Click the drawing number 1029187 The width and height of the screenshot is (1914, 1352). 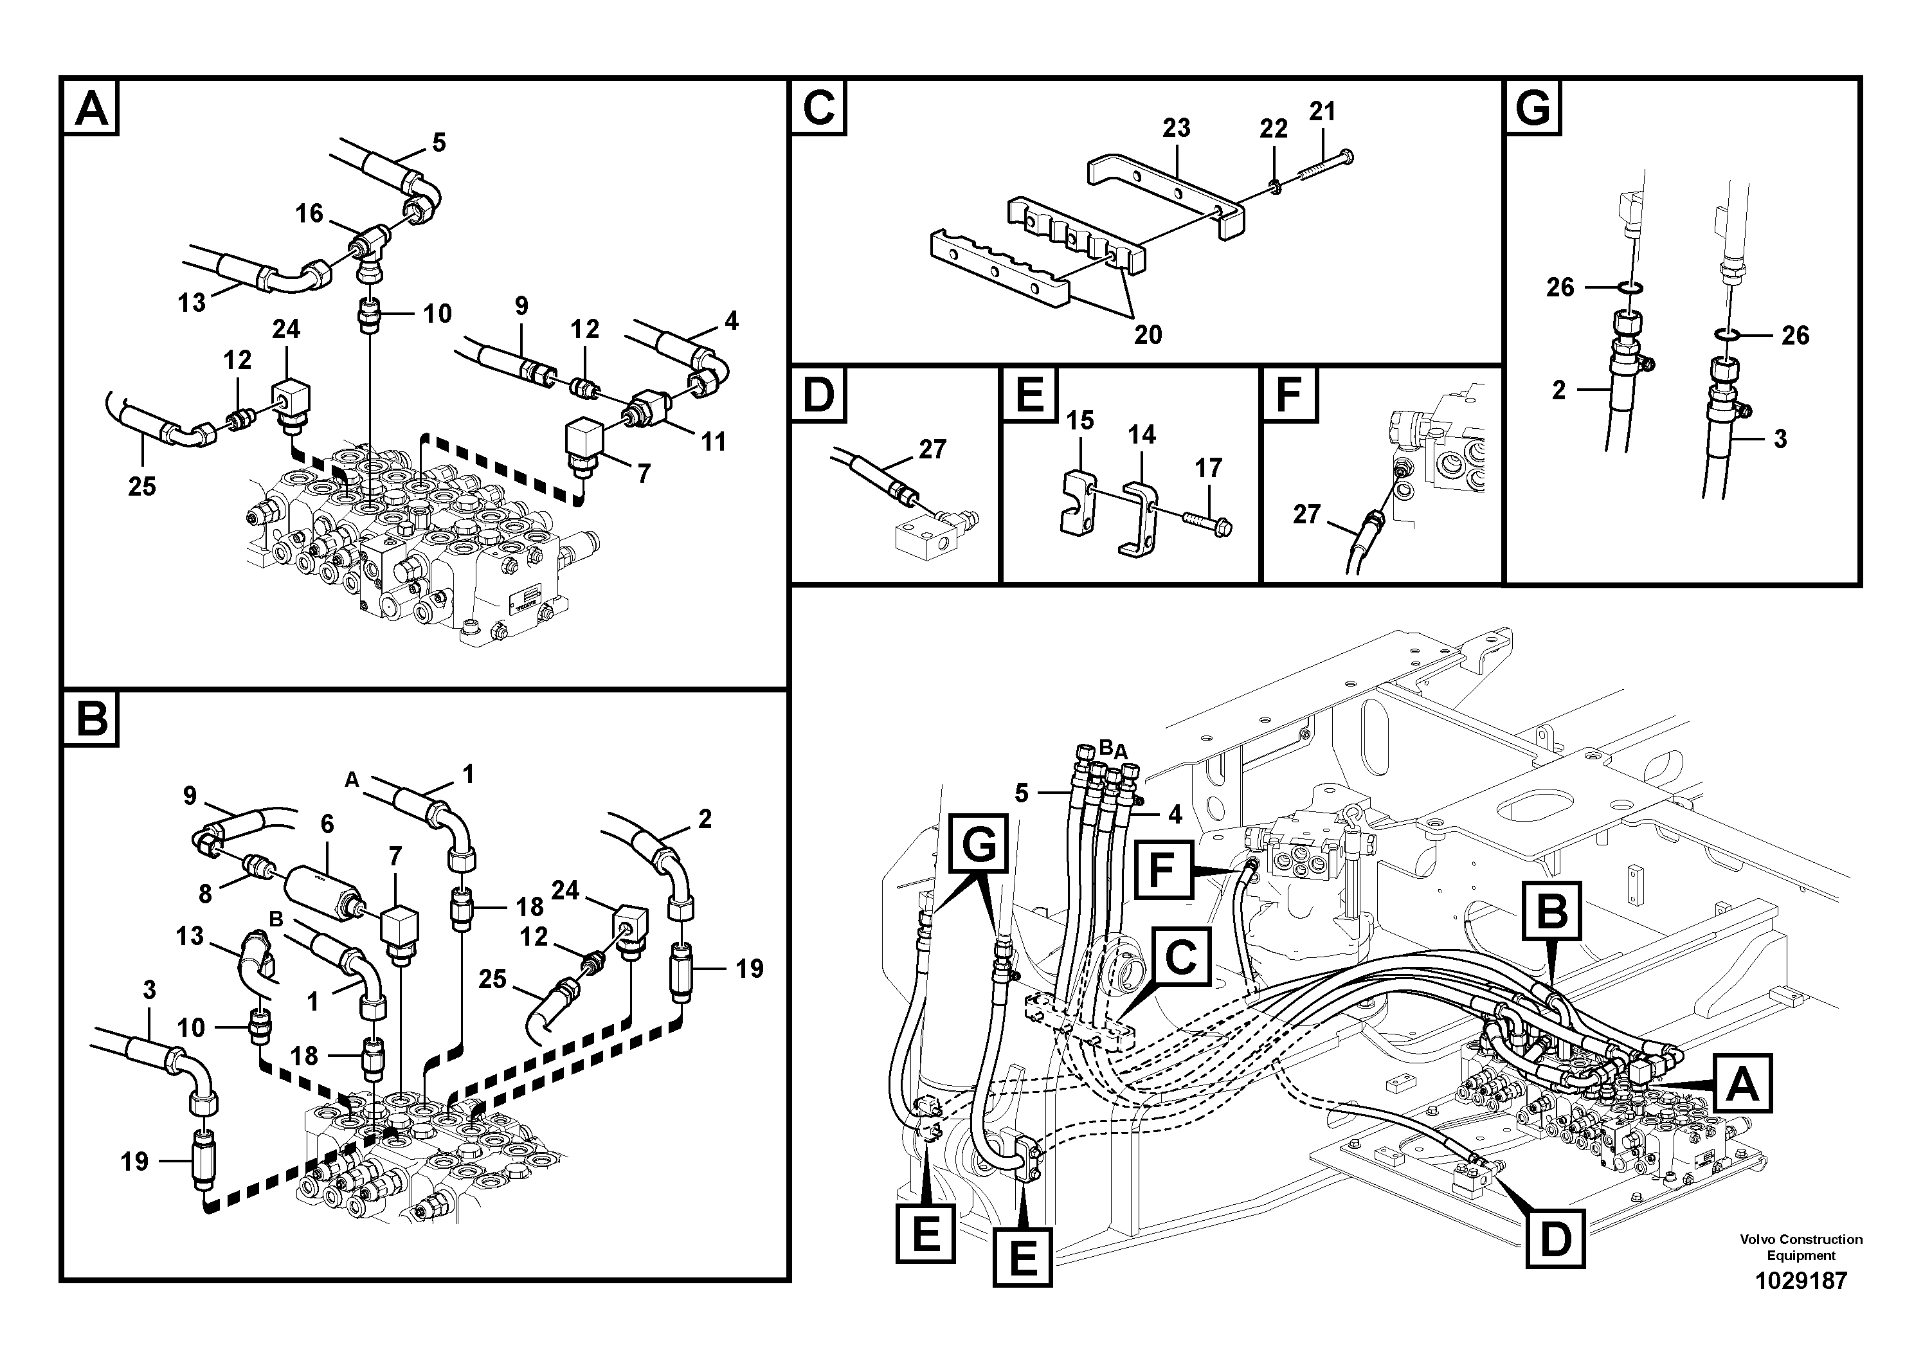click(1801, 1280)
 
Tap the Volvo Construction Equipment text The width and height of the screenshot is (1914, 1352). click(1801, 1247)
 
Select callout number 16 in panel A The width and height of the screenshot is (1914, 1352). click(309, 213)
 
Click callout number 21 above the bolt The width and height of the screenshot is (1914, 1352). click(1322, 111)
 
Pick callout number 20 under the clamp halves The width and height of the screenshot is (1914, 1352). click(1148, 335)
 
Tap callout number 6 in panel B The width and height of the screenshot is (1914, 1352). click(327, 824)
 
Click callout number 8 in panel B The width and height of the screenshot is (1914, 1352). click(205, 894)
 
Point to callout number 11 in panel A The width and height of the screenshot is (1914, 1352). click(713, 441)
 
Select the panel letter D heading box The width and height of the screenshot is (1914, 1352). click(818, 394)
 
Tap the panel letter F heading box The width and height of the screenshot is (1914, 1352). click(1289, 394)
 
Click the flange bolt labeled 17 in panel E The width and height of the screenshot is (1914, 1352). click(1207, 522)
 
